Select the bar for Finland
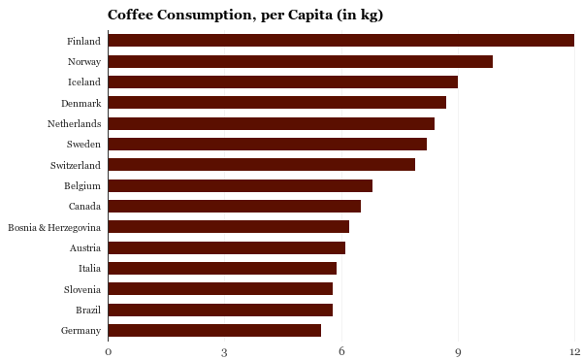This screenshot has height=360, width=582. (x=340, y=41)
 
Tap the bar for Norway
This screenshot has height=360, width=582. (x=300, y=62)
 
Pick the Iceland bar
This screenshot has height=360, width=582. (x=282, y=82)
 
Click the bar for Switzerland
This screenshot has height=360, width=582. (x=261, y=165)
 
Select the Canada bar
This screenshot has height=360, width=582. (x=234, y=206)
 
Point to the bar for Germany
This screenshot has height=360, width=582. (x=214, y=331)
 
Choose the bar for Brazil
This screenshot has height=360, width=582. (x=220, y=311)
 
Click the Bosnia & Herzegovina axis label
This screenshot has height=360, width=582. (x=54, y=227)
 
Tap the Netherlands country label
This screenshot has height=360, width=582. (x=74, y=124)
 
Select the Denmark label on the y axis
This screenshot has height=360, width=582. (x=80, y=103)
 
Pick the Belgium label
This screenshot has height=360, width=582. (x=82, y=185)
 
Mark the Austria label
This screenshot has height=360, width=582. (x=84, y=247)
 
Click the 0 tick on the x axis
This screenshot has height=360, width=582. (x=108, y=351)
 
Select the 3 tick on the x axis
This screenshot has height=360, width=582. (x=224, y=351)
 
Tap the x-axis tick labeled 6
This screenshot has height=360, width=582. (x=341, y=351)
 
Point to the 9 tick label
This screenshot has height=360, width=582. (x=458, y=351)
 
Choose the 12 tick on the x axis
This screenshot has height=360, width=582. (x=573, y=351)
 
